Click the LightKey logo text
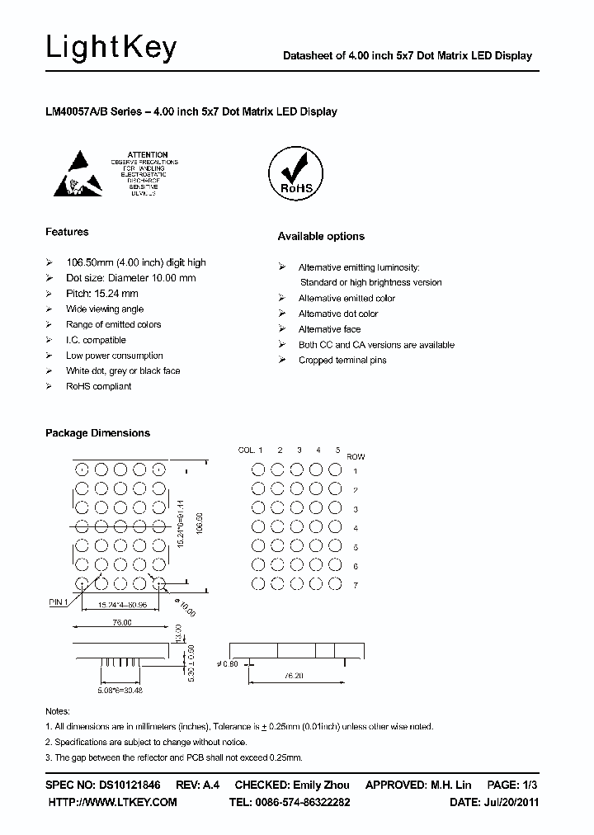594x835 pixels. pos(111,49)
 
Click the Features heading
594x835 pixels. pos(67,232)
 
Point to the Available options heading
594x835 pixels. pos(321,237)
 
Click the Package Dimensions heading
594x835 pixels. pos(97,433)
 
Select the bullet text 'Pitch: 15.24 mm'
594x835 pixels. pos(101,294)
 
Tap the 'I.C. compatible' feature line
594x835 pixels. pos(96,340)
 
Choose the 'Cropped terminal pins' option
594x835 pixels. pos(342,361)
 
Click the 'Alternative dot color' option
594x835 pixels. pos(337,314)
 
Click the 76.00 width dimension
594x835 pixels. pos(121,623)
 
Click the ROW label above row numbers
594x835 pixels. pos(356,456)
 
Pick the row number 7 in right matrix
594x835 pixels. pos(356,586)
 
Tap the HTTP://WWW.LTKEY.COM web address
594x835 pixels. pos(113,802)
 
